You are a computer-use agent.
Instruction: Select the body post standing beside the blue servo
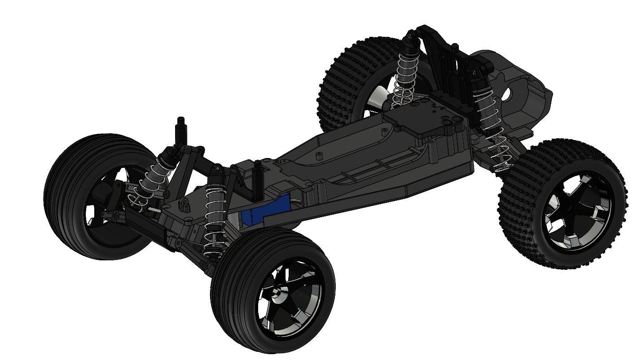[259, 180]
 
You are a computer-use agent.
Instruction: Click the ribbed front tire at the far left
[67, 198]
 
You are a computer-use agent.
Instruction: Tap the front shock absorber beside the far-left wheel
[155, 175]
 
